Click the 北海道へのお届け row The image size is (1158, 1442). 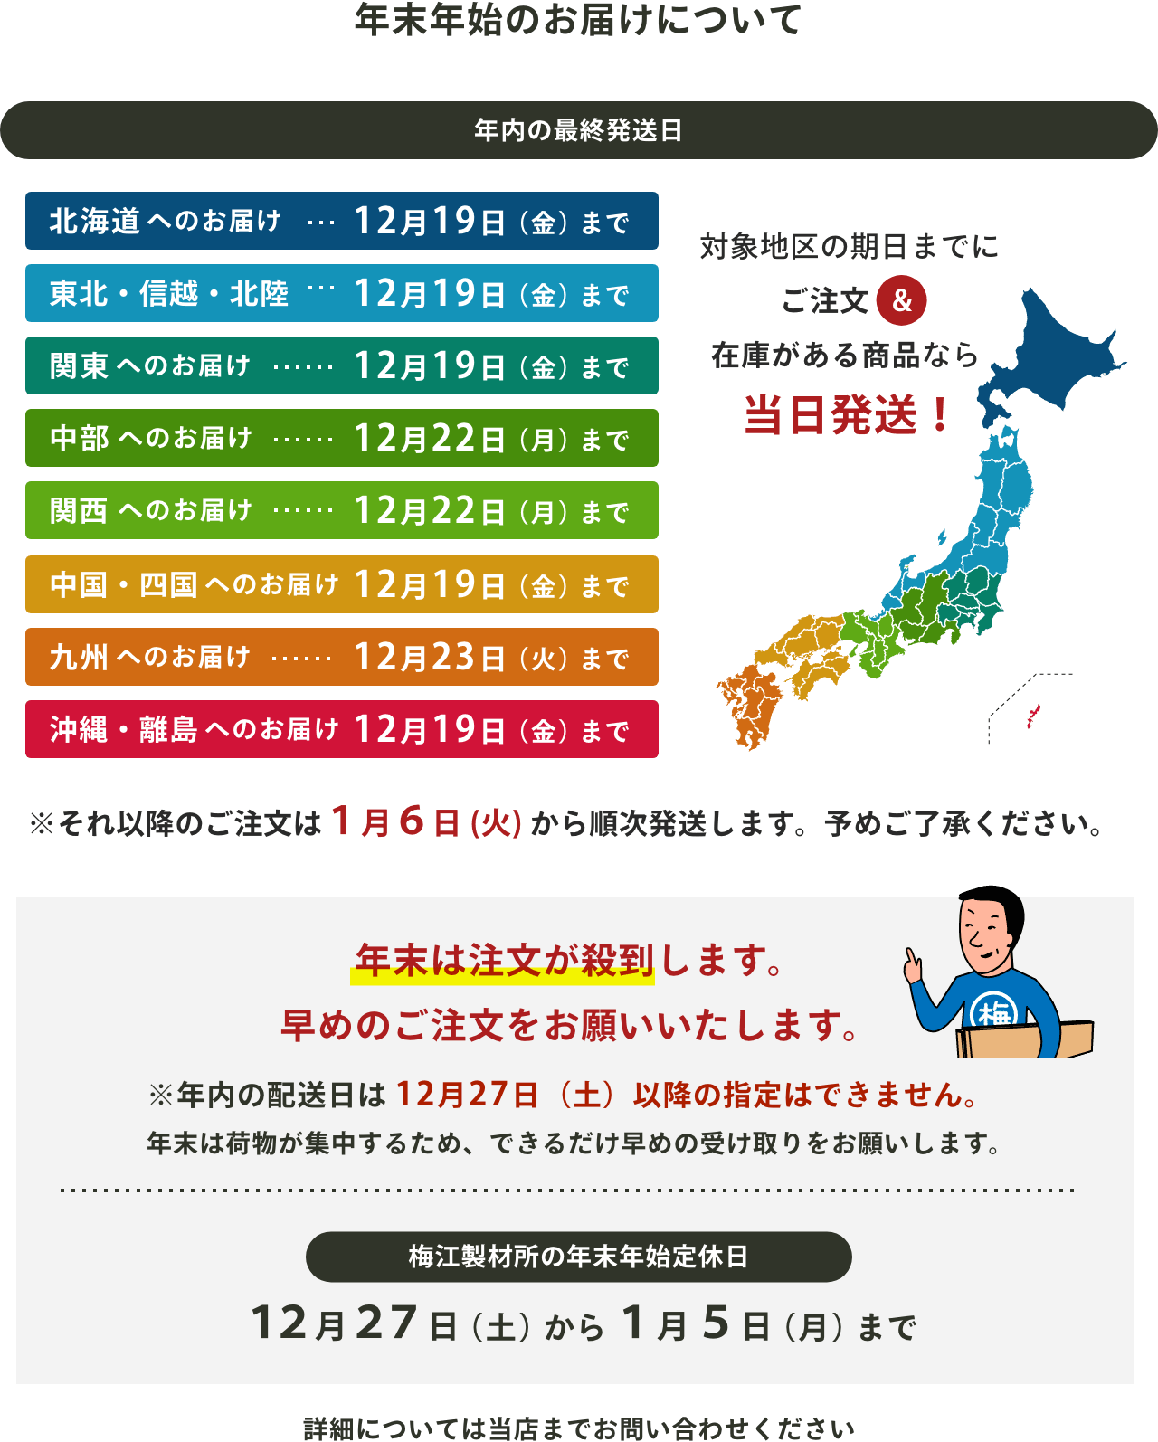coord(341,221)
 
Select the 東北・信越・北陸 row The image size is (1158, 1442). coord(341,293)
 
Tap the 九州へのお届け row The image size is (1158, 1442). coord(341,657)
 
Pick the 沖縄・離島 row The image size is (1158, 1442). coord(341,729)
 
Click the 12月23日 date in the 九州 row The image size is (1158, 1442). coord(429,658)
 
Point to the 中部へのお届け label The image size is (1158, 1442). coord(150,439)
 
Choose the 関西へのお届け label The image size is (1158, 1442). coord(150,511)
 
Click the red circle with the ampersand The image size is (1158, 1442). coord(901,301)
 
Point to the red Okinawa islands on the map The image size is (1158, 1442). coord(1032,717)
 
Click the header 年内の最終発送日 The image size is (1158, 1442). coord(578,130)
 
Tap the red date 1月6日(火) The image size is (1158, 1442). coord(426,822)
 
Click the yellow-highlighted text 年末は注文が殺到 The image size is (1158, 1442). coord(503,961)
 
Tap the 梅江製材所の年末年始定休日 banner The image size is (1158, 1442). coord(578,1257)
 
